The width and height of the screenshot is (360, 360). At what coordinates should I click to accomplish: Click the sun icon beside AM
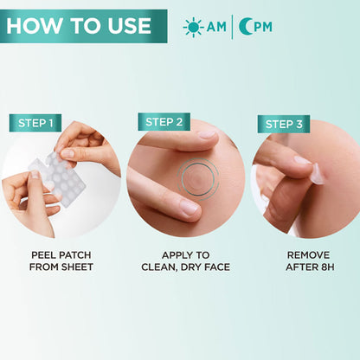194,27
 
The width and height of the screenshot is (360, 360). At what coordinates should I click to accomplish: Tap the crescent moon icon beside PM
245,27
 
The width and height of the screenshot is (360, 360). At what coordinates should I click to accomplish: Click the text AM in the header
216,27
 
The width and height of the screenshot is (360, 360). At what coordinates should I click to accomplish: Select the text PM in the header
263,27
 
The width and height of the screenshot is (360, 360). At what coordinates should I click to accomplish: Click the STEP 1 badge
35,123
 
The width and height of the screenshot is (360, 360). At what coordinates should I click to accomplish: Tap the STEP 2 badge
164,122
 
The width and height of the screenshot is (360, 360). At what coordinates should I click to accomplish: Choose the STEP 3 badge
284,124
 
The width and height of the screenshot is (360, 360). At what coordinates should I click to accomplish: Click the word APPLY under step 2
175,255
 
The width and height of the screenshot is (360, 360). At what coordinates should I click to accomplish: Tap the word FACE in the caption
217,267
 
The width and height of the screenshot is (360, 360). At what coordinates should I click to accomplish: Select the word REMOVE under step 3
308,255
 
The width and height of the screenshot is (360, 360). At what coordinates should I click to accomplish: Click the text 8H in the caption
328,267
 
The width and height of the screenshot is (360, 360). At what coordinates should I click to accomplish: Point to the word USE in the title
130,26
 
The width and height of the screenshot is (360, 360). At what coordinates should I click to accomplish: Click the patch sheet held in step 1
58,178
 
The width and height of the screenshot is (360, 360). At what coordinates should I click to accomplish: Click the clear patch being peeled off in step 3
318,175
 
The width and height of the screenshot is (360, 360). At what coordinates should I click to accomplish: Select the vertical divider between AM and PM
233,27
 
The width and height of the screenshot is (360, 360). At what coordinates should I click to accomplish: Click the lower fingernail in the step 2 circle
189,208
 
